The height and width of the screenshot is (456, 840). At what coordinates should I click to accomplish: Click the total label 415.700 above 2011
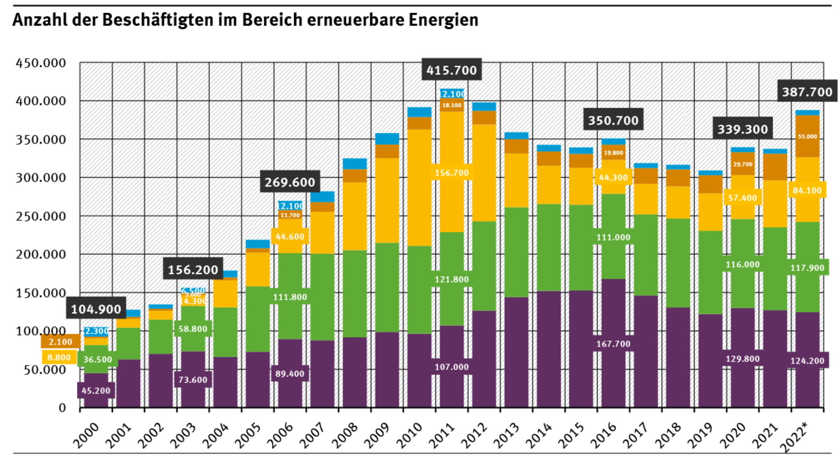coord(451,70)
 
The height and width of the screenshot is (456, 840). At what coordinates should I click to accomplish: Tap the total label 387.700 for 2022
coord(807,92)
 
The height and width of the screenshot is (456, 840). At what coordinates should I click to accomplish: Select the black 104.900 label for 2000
coord(96,309)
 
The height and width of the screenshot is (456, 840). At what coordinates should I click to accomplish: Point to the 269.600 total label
coord(290,182)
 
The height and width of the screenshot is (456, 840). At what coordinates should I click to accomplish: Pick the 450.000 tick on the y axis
coord(41,63)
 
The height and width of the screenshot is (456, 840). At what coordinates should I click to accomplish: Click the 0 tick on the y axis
coord(62,408)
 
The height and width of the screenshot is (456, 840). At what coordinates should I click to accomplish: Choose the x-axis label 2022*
coord(795,437)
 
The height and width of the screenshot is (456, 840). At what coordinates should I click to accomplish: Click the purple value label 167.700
coord(613,344)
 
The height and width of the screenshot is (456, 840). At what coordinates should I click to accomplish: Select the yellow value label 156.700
coord(451,173)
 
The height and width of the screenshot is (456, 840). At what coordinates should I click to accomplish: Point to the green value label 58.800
coord(193,329)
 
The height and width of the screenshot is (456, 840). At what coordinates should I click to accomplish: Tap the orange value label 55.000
coord(807,136)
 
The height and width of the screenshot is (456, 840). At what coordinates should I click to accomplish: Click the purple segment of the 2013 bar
coord(516,352)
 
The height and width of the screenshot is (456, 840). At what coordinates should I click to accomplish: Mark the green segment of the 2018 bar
coord(678,262)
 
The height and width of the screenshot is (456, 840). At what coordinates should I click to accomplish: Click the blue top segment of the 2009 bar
coord(387,138)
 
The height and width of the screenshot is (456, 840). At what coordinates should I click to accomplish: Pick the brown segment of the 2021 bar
coord(775,167)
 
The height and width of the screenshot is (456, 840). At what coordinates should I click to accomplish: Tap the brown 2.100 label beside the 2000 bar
coord(60,342)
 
